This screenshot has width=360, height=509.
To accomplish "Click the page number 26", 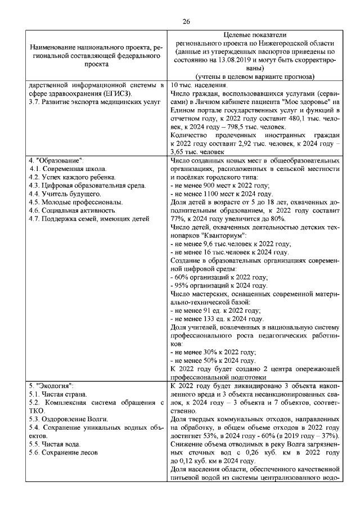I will [x=186, y=21].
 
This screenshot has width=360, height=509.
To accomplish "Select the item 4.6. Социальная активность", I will [x=70, y=210].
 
